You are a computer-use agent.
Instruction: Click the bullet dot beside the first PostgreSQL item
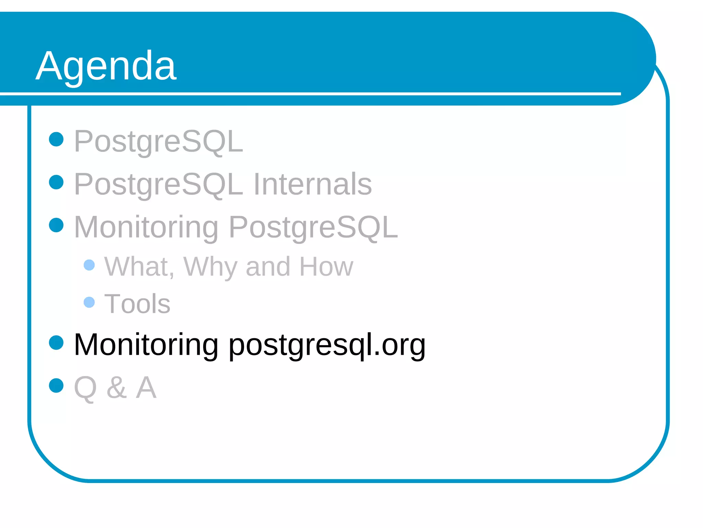pyautogui.click(x=56, y=139)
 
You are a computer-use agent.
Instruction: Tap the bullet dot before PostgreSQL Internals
pyautogui.click(x=56, y=182)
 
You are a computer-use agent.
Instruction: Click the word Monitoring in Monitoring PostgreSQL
pyautogui.click(x=146, y=227)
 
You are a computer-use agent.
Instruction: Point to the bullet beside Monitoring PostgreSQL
pyautogui.click(x=56, y=225)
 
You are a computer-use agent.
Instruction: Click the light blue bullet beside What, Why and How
pyautogui.click(x=89, y=265)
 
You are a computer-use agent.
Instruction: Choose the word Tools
pyautogui.click(x=137, y=304)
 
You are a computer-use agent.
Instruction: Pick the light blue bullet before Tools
pyautogui.click(x=89, y=302)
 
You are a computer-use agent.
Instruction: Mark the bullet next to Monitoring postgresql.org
pyautogui.click(x=56, y=342)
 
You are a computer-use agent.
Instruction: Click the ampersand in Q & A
pyautogui.click(x=117, y=387)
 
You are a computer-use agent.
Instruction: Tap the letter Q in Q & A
pyautogui.click(x=85, y=388)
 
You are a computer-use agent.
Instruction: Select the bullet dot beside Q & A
pyautogui.click(x=56, y=385)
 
